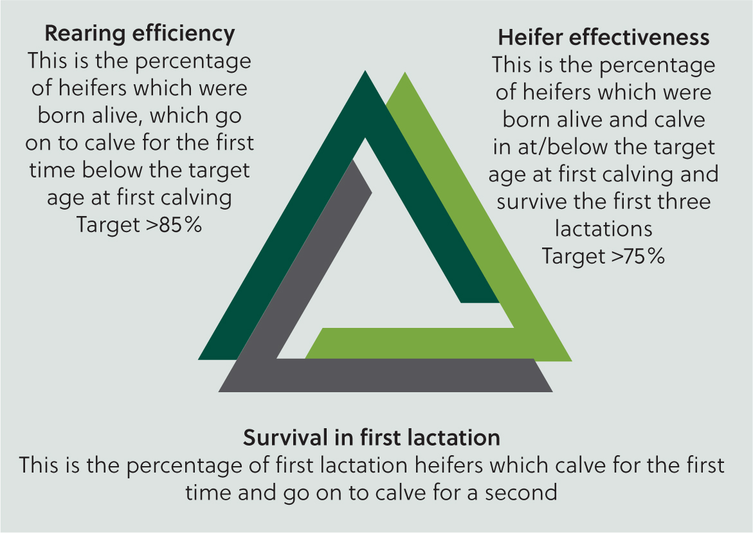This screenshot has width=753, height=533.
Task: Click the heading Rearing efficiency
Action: (140, 33)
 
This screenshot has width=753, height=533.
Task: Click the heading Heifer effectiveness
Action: (604, 37)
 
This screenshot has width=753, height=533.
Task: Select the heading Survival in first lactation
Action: (372, 437)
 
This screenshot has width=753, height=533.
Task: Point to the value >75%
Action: (638, 256)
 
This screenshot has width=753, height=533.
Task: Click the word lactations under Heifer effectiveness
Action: (604, 228)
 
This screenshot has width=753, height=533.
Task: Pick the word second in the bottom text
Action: (521, 492)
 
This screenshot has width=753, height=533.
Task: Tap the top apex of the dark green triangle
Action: (365, 71)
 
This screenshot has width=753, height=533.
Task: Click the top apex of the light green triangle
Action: (405, 72)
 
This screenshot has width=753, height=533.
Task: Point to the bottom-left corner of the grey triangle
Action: (219, 392)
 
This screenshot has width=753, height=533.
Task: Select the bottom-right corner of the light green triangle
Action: (572, 361)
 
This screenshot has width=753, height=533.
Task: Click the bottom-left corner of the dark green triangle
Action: (198, 359)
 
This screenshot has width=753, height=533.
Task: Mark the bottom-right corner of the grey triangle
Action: (552, 392)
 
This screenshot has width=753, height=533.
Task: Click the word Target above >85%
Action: (108, 225)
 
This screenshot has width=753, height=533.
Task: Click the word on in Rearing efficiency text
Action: (38, 143)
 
